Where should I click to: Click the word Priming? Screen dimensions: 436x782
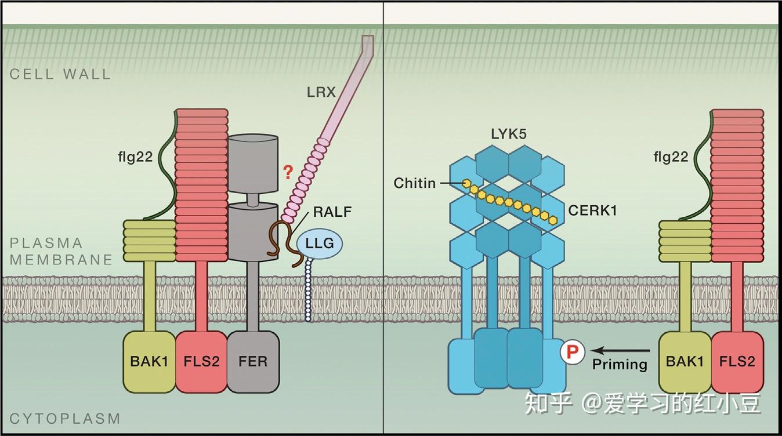[620, 365]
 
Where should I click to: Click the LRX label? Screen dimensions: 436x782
[321, 92]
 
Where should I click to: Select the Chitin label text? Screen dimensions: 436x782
[414, 183]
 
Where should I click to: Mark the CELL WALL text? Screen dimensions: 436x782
[60, 74]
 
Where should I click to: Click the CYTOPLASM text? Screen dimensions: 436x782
[65, 418]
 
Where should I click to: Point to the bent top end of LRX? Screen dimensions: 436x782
[366, 44]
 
